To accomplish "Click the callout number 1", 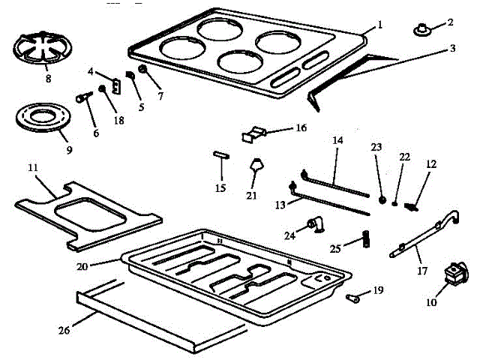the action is (x=380, y=24).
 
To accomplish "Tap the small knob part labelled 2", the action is (x=421, y=30).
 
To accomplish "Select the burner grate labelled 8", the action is (x=43, y=48).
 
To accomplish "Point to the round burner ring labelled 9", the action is (x=43, y=118).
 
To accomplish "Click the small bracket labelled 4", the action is (x=116, y=86).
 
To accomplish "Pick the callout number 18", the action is (x=118, y=120).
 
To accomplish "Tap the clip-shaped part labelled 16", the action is (x=253, y=134).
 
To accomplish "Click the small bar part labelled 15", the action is (x=221, y=155).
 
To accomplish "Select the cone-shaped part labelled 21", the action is (x=256, y=164).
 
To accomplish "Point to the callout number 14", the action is (x=337, y=140).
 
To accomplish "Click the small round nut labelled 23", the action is (x=382, y=200).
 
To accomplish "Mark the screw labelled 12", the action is (x=411, y=207).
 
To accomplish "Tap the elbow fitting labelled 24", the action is (x=316, y=225).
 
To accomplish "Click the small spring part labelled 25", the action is (x=366, y=238).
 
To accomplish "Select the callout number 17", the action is (x=422, y=271).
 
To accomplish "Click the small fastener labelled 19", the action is (x=352, y=298).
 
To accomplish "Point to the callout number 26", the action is (x=64, y=330).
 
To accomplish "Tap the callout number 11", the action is (x=33, y=167).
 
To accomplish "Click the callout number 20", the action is (x=82, y=267).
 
